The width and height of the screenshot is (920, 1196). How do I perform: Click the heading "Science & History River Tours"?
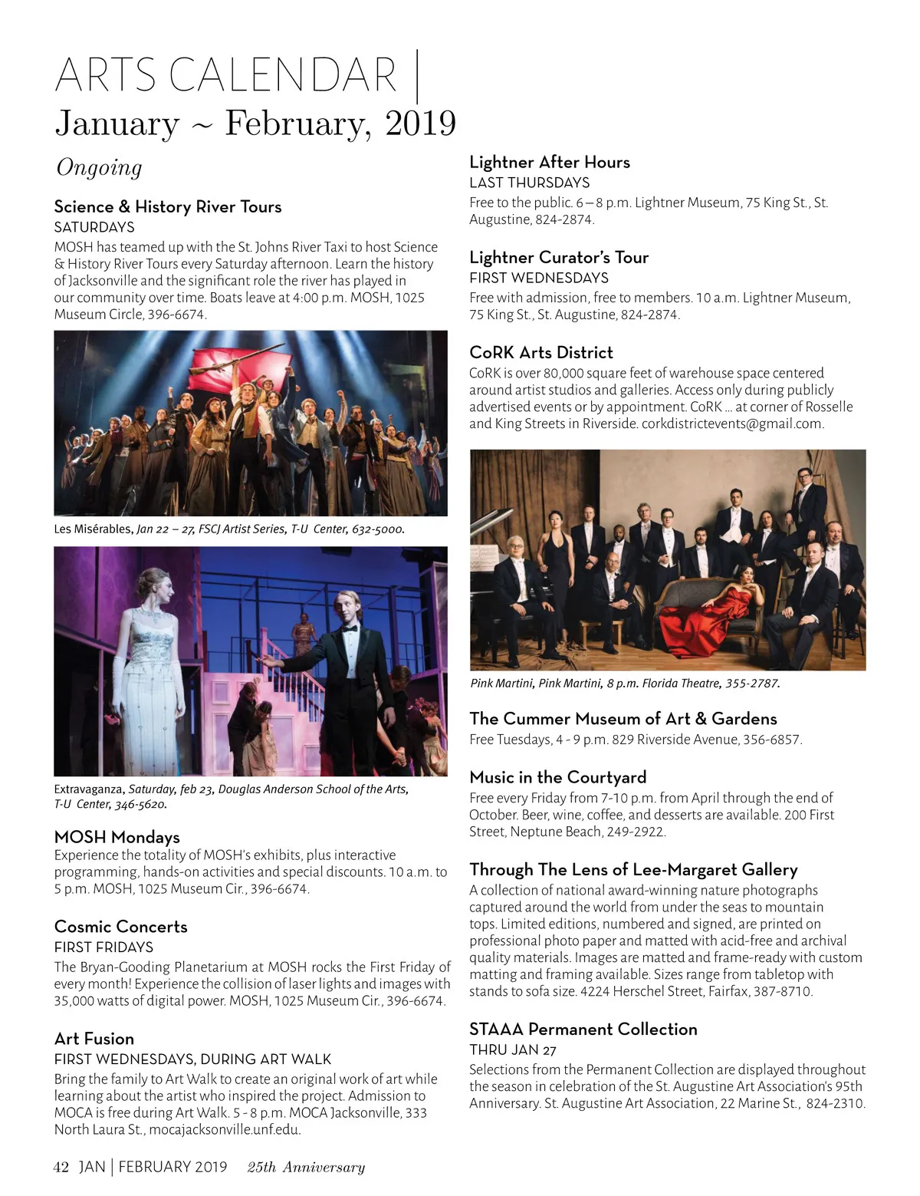pos(168,206)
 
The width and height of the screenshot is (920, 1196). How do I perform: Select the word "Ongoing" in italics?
pos(99,167)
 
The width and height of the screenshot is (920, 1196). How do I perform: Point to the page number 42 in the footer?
pos(61,1167)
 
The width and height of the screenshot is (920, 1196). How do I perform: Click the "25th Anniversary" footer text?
pos(306,1167)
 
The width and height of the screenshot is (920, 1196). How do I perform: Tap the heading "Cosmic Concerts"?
pos(121,926)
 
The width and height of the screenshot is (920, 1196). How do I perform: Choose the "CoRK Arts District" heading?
pos(541,352)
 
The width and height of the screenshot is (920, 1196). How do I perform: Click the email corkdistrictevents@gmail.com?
pos(732,423)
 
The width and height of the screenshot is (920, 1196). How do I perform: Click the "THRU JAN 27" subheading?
pos(513,1049)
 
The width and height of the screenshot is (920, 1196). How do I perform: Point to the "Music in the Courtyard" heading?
pos(558,776)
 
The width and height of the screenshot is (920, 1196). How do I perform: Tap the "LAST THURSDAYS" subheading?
pos(530,183)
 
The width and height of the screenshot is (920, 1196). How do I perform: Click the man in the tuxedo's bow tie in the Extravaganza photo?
pos(350,628)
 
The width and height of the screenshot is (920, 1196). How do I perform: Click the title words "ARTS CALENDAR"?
pos(226,75)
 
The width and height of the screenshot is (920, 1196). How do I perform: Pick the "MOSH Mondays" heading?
pos(117,836)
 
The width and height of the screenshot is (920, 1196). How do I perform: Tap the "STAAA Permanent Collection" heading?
pos(583,1029)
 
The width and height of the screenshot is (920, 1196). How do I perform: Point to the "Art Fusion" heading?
pos(94,1038)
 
